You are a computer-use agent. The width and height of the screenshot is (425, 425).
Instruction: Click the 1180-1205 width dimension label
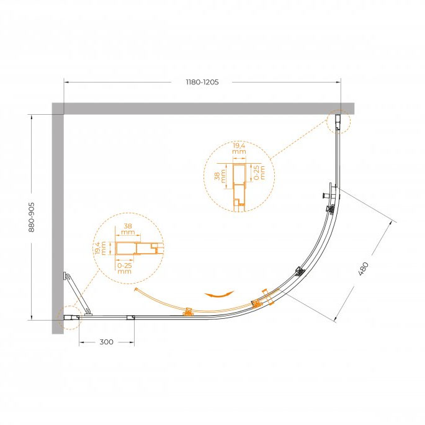202,82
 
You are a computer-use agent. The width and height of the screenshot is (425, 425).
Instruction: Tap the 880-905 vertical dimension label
32,217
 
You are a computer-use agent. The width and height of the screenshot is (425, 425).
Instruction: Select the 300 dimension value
106,342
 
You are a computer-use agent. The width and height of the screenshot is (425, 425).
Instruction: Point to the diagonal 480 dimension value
364,269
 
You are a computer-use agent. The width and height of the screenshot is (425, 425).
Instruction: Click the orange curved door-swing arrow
219,294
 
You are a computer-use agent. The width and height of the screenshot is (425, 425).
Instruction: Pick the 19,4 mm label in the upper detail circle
239,148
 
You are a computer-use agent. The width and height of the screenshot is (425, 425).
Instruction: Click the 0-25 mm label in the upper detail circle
259,172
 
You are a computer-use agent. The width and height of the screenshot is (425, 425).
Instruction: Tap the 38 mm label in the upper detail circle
220,176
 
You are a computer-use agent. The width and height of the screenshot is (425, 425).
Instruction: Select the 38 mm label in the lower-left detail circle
128,229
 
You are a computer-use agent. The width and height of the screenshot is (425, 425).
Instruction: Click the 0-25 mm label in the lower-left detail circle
125,268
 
